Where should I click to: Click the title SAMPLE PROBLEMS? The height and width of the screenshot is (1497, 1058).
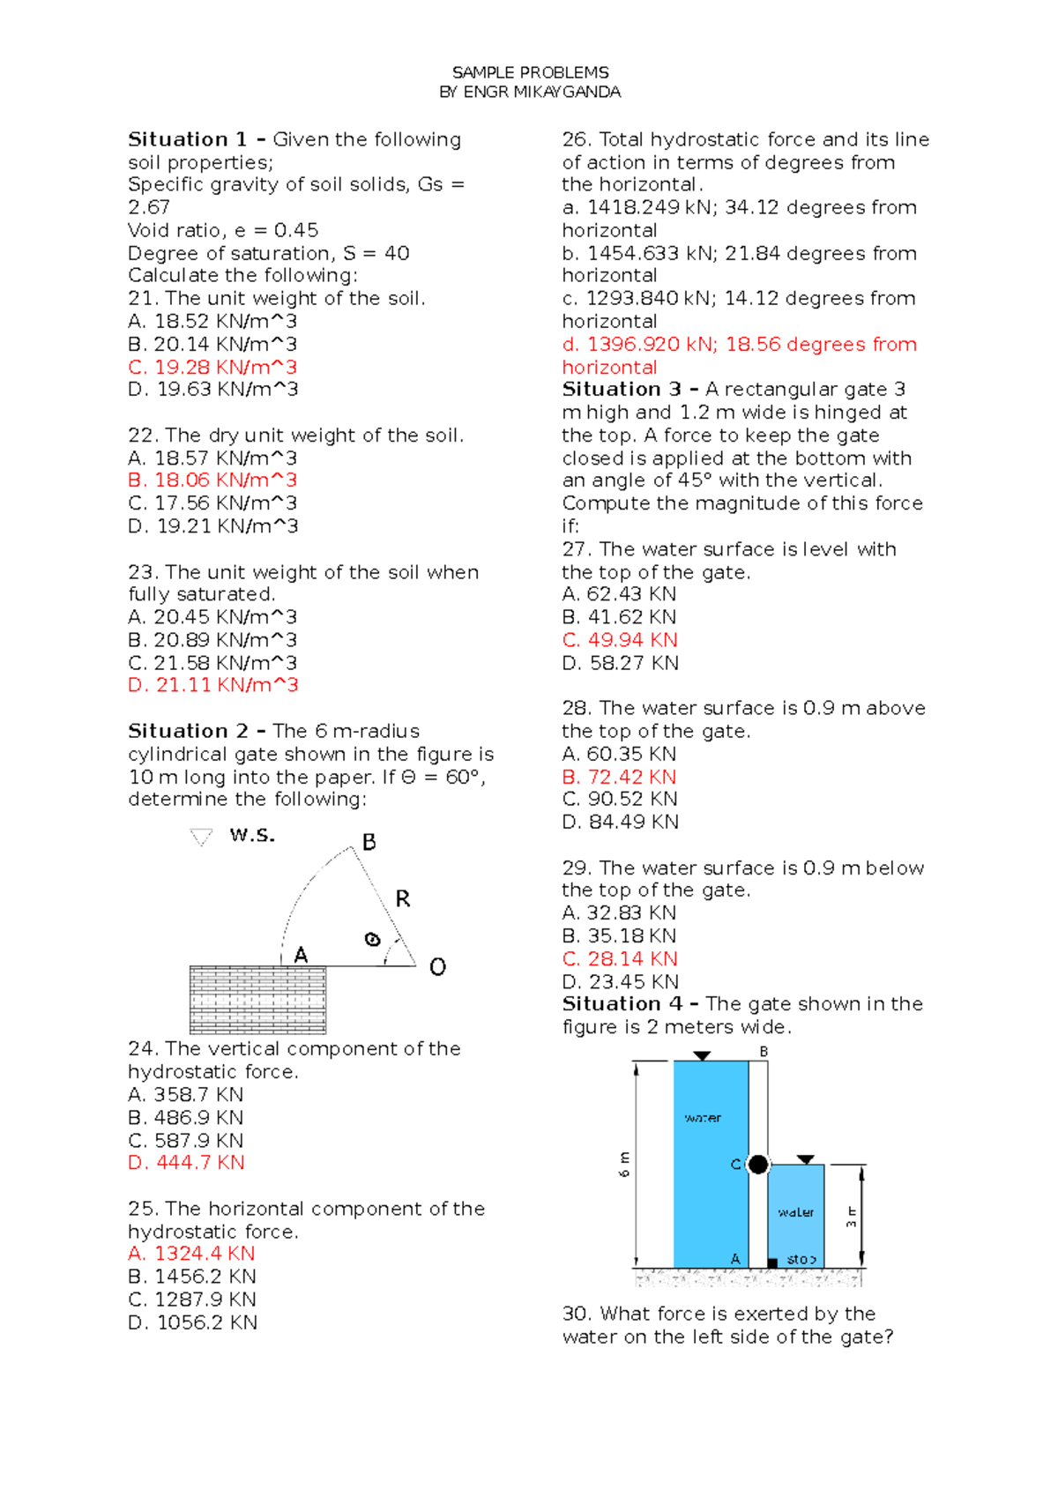530,72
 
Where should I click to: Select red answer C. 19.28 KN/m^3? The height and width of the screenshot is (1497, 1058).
212,367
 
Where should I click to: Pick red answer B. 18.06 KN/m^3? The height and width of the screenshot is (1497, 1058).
212,480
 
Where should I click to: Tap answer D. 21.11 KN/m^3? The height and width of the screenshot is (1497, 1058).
212,685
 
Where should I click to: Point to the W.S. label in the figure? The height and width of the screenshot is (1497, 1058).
252,835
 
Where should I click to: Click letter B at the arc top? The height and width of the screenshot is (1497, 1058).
369,842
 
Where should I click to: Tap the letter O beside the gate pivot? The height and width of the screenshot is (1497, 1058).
437,967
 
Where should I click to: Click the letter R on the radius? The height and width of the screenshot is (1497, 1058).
403,898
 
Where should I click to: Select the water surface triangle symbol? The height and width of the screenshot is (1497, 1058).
202,837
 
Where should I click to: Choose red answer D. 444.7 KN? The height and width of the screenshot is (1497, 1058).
186,1163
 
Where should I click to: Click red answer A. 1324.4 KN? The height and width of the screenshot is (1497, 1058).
191,1254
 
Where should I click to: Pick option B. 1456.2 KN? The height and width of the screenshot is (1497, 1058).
191,1277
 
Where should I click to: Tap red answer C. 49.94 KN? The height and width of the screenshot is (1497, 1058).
620,640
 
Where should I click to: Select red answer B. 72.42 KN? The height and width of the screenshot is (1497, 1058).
619,777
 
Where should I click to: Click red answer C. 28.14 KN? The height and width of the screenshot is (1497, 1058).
620,958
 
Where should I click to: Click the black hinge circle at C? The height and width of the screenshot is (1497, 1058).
758,1165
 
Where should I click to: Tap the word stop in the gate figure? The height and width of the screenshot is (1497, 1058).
801,1260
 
